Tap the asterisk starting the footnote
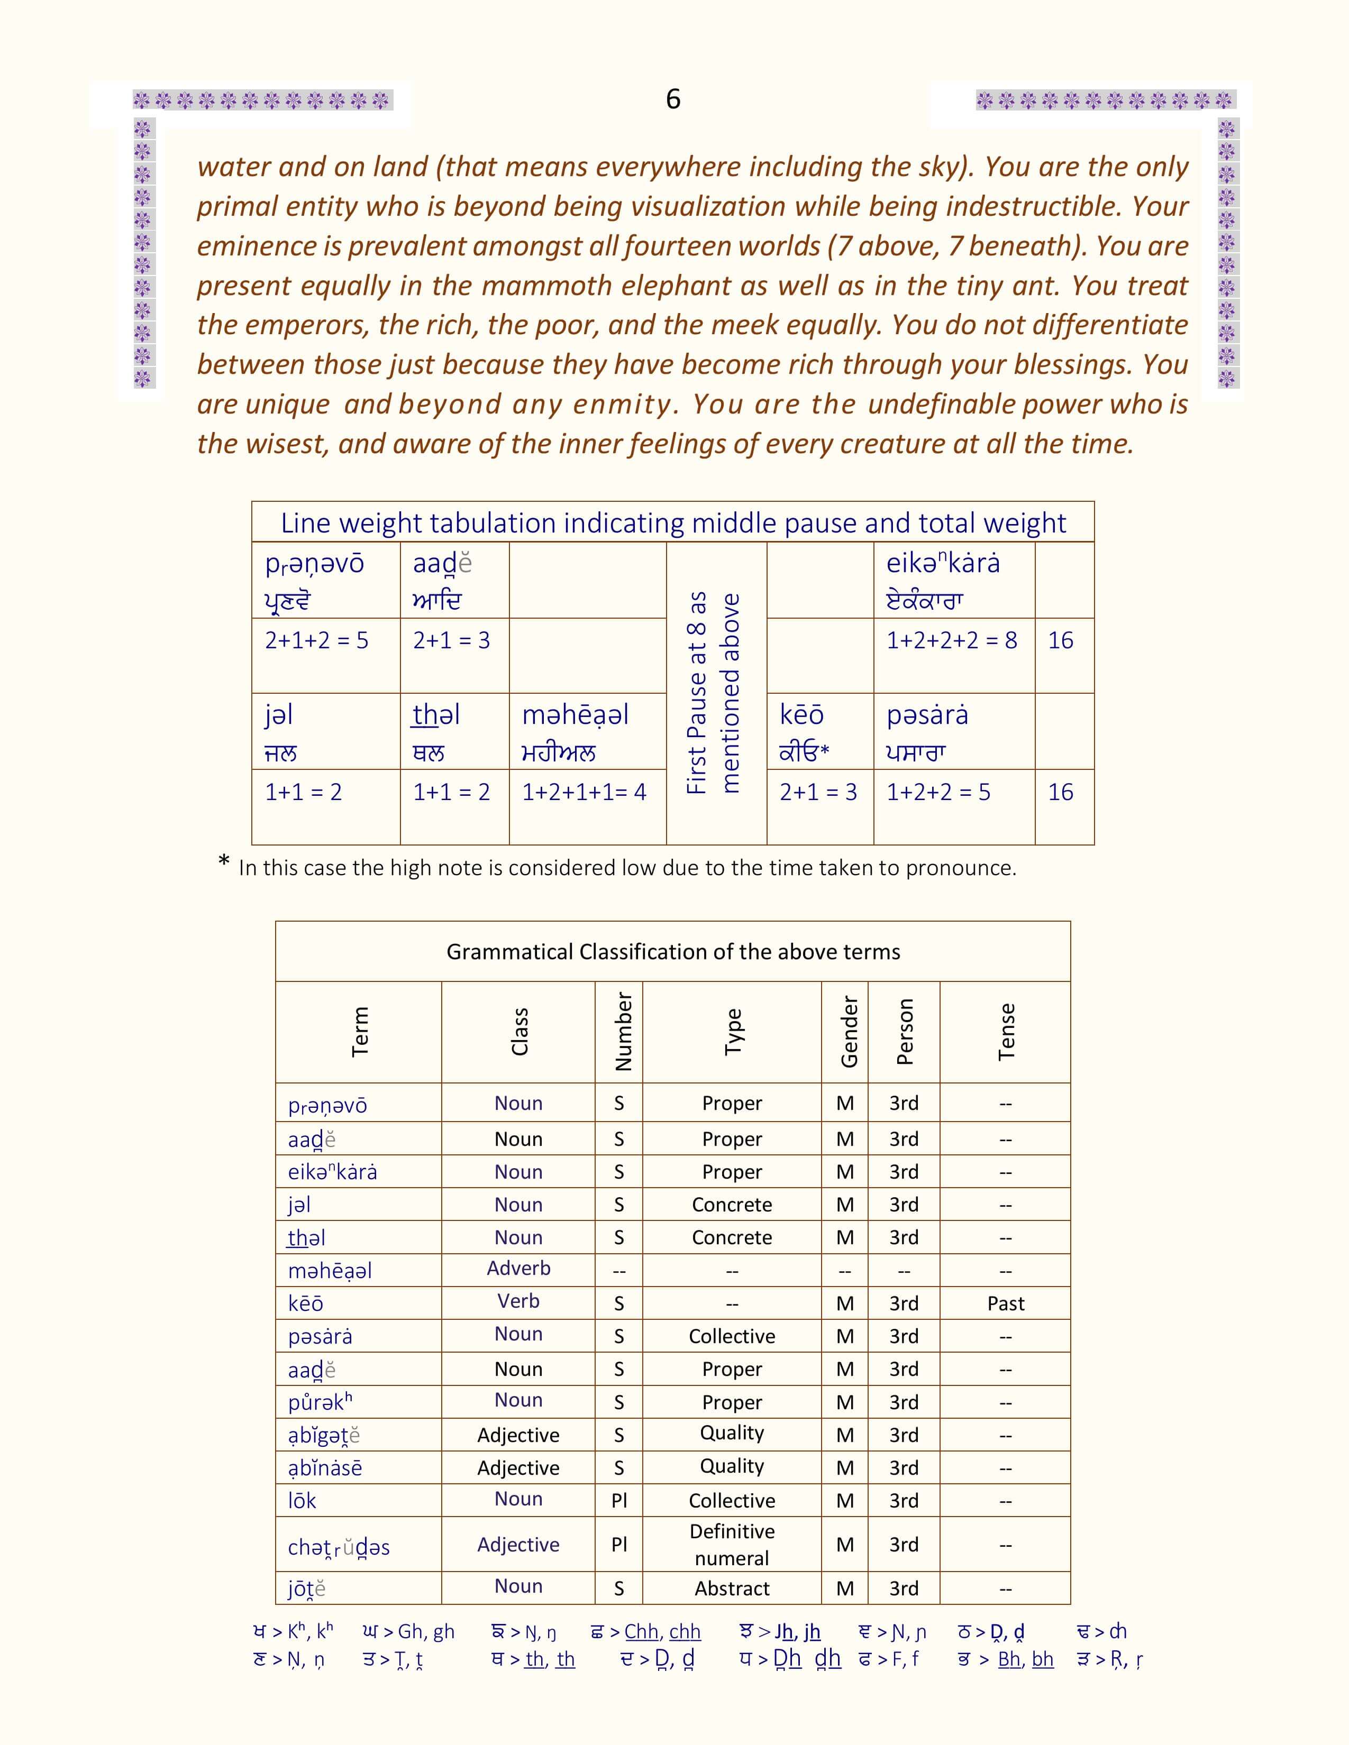[224, 864]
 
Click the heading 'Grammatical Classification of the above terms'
[673, 952]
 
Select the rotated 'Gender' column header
[849, 1032]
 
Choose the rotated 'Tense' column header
[1006, 1032]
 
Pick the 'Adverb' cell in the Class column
[518, 1268]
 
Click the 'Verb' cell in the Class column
[518, 1301]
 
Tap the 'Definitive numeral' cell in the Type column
[732, 1545]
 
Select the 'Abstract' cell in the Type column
[732, 1588]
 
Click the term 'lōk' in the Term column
[302, 1501]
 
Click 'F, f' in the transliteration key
[905, 1659]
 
